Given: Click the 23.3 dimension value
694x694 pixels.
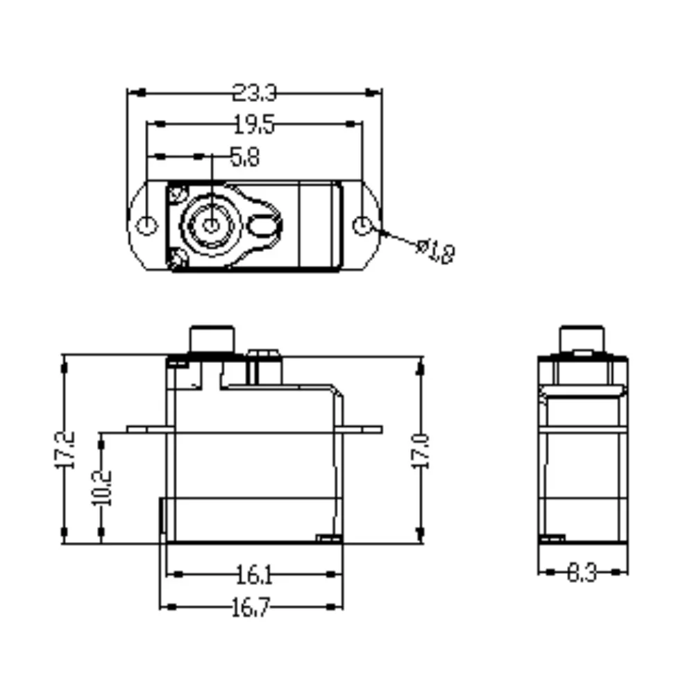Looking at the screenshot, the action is [x=255, y=93].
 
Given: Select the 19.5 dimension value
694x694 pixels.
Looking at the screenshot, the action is [x=254, y=124].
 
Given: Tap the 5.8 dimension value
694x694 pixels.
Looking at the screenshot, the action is [x=245, y=157].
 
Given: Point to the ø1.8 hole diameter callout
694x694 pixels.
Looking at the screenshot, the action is [x=436, y=251].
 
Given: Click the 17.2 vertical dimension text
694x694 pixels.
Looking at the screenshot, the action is [x=65, y=450].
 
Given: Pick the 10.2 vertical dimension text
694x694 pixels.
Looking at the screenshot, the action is [x=101, y=488].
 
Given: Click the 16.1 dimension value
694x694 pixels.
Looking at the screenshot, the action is [x=255, y=575].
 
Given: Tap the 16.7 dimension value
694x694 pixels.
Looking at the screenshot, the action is [x=250, y=607].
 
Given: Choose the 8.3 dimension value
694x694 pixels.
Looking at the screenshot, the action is [x=582, y=573].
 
